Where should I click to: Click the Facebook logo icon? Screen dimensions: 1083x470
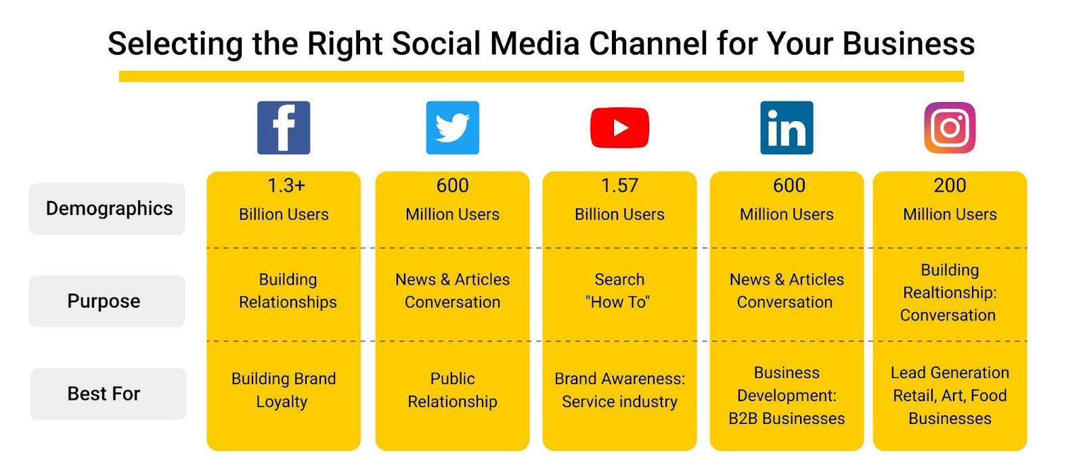(284, 128)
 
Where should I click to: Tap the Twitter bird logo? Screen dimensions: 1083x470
(453, 128)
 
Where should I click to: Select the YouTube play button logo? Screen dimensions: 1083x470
(619, 128)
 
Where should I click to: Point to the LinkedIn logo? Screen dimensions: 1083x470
(787, 128)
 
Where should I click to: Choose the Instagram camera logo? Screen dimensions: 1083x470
(950, 128)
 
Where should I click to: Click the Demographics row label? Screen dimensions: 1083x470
(109, 209)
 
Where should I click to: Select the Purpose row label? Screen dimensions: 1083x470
(104, 301)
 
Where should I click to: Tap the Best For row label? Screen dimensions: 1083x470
(104, 394)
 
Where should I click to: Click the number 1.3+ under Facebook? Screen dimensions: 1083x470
(286, 185)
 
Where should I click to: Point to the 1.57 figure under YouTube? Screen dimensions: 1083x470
(619, 185)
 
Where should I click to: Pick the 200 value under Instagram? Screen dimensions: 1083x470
(950, 185)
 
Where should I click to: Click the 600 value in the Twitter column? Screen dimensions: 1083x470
(453, 185)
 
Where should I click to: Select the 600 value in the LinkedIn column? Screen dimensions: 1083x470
(789, 185)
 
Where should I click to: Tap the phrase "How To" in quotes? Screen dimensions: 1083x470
(617, 302)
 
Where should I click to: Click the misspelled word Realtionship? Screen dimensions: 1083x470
(950, 293)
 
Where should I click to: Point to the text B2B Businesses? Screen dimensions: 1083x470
(787, 419)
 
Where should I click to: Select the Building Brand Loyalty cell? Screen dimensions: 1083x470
(284, 390)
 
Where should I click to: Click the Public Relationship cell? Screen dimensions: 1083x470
(453, 390)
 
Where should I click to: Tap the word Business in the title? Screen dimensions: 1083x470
(908, 43)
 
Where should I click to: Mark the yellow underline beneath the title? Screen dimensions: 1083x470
(541, 76)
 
